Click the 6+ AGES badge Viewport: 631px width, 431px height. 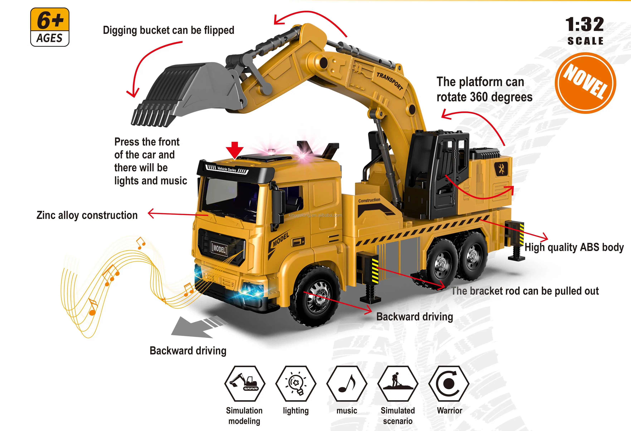50,27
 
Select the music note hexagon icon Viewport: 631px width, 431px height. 347,383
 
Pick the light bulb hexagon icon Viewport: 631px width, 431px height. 296,383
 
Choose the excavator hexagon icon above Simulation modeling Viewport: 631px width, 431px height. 245,383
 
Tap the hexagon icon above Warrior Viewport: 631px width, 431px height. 449,383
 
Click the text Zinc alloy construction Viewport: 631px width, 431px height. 87,215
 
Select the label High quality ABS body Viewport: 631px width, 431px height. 574,247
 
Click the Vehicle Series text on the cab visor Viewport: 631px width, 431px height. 227,169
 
